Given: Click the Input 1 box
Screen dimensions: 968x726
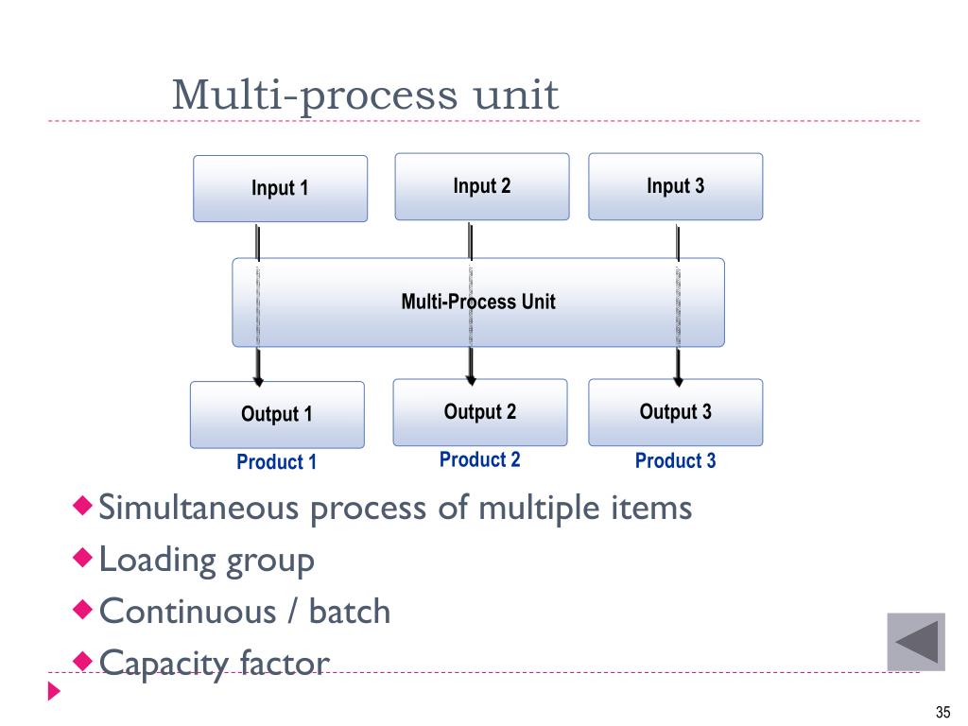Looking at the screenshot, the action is (280, 189).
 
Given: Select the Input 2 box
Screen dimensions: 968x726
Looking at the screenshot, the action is (482, 186).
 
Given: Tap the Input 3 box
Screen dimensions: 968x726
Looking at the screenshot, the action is (675, 186).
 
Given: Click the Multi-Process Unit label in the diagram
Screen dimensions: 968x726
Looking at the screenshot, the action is (478, 302).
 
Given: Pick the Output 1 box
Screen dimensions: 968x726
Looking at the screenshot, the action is (277, 415).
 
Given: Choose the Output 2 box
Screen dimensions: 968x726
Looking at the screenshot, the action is (480, 412).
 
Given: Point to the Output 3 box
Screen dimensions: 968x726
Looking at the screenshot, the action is (675, 412).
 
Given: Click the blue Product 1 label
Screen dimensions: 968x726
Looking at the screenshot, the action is (277, 461).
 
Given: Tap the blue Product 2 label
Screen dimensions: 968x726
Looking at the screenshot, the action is (479, 459).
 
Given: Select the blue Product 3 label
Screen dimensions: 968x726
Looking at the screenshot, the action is (675, 460).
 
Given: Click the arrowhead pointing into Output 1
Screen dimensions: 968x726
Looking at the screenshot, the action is (258, 382).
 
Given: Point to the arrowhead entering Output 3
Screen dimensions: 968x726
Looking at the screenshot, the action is (678, 382).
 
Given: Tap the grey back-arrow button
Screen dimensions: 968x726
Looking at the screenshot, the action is (916, 642).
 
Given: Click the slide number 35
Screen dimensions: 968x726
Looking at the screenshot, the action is (942, 713).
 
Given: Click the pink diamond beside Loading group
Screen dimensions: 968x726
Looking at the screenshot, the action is (83, 558).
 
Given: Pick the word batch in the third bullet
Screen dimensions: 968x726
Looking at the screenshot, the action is (350, 612).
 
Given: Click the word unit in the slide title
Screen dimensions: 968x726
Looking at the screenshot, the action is (515, 95).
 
